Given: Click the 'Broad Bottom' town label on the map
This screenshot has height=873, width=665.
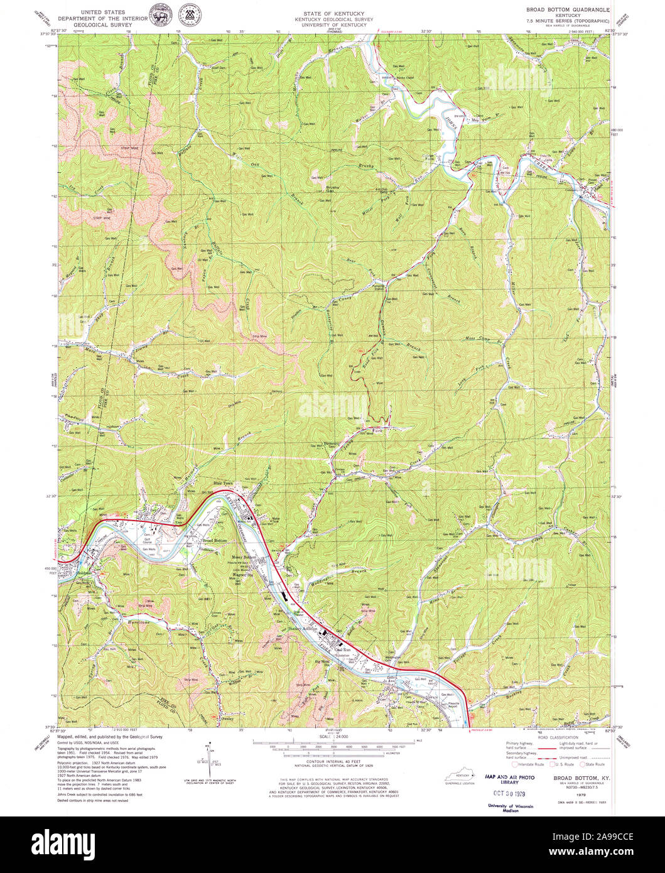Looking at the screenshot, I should click(x=214, y=541).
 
